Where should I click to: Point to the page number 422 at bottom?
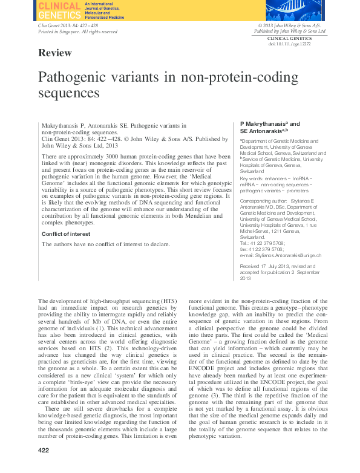tap(43, 467)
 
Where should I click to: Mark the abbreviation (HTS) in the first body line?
tap(169, 301)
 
